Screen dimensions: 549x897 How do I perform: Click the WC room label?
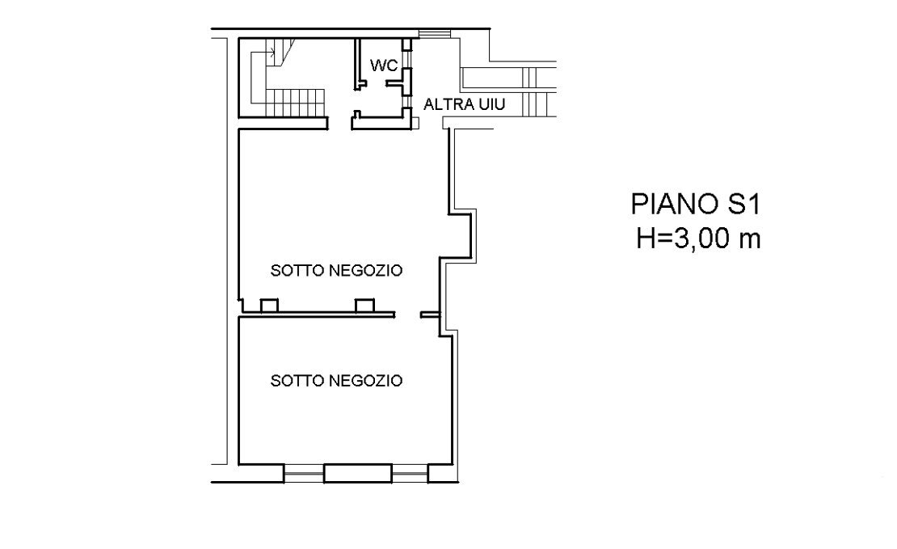383,65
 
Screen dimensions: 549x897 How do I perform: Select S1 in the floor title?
742,204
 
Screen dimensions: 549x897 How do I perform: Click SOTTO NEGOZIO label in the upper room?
336,271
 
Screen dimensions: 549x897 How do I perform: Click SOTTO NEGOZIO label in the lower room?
336,380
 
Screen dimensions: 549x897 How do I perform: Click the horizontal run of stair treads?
294,102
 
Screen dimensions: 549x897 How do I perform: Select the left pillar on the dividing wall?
269,306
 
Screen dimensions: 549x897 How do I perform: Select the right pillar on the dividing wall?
364,306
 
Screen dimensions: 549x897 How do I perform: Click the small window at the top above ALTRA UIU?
435,33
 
